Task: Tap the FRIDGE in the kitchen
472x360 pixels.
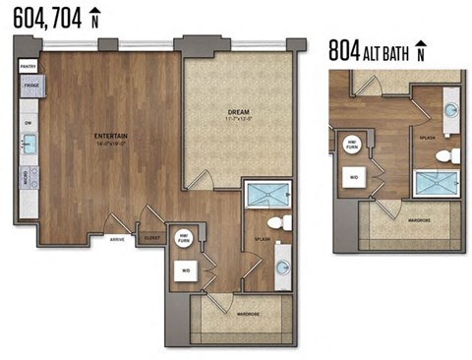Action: click(27, 88)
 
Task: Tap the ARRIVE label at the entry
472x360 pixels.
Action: click(116, 238)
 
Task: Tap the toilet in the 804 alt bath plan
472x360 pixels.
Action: click(446, 156)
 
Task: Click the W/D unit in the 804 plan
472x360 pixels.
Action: click(353, 177)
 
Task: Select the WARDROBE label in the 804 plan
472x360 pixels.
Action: click(417, 221)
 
